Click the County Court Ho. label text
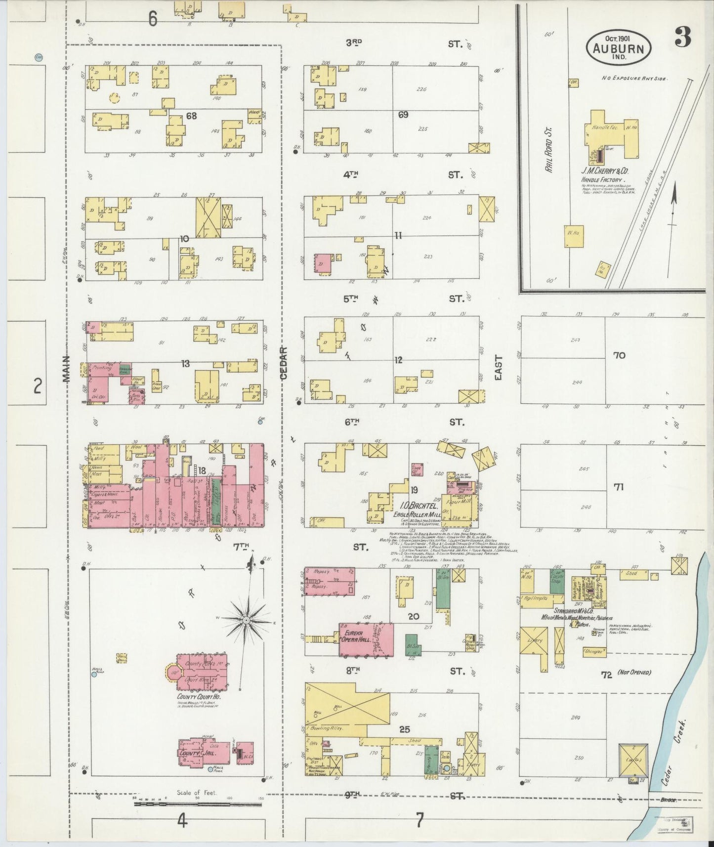(195, 697)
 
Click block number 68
(191, 117)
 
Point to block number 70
(619, 355)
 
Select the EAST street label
(498, 368)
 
